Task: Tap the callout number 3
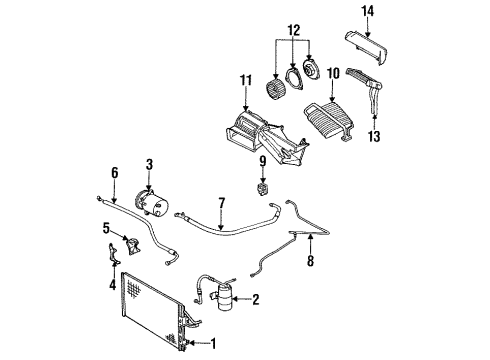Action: click(x=149, y=164)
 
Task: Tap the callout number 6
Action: click(x=114, y=173)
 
